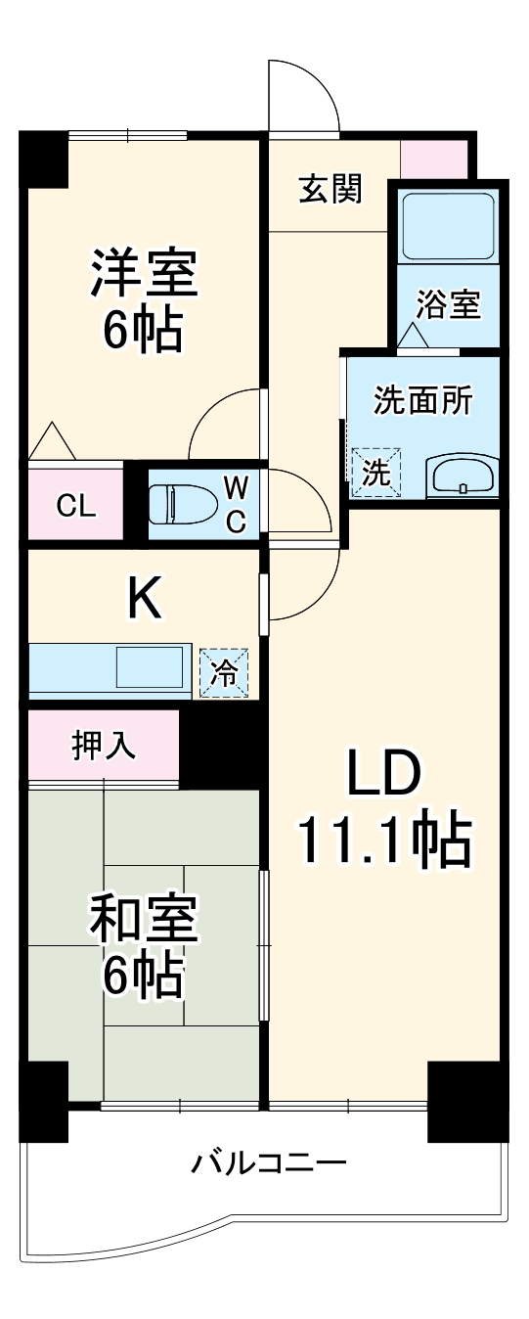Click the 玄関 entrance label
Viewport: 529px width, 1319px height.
(330, 188)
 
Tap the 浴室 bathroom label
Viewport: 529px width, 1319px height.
(449, 304)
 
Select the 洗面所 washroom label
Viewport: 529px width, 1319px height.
(422, 401)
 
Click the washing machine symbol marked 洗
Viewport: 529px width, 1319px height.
(376, 473)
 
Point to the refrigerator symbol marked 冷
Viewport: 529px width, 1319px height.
(225, 673)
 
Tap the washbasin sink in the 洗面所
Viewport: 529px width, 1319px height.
(462, 478)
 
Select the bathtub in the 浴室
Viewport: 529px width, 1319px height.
(449, 226)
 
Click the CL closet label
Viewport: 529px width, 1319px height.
(75, 506)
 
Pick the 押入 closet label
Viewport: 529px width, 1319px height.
(103, 746)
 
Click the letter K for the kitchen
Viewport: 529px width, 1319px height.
(146, 600)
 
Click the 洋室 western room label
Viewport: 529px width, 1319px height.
(145, 273)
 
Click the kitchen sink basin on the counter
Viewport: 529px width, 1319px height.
(150, 667)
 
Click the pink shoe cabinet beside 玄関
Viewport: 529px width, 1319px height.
(434, 159)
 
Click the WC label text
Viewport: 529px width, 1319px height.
(236, 505)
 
